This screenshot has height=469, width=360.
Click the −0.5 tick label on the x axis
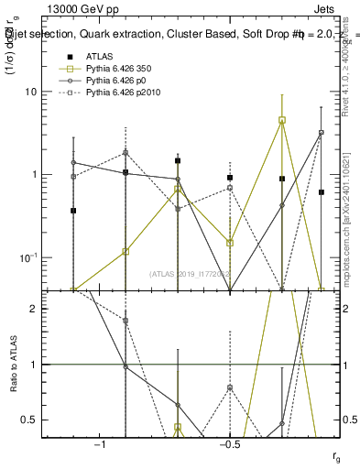tap(229, 443)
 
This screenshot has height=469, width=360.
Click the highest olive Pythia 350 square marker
tap(282, 120)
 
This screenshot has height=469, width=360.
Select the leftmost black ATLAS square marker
tap(73, 211)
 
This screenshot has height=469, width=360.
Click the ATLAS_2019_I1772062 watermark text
tap(189, 273)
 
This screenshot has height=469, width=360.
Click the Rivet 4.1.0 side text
tap(345, 64)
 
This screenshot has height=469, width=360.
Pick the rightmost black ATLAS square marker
tap(321, 192)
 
